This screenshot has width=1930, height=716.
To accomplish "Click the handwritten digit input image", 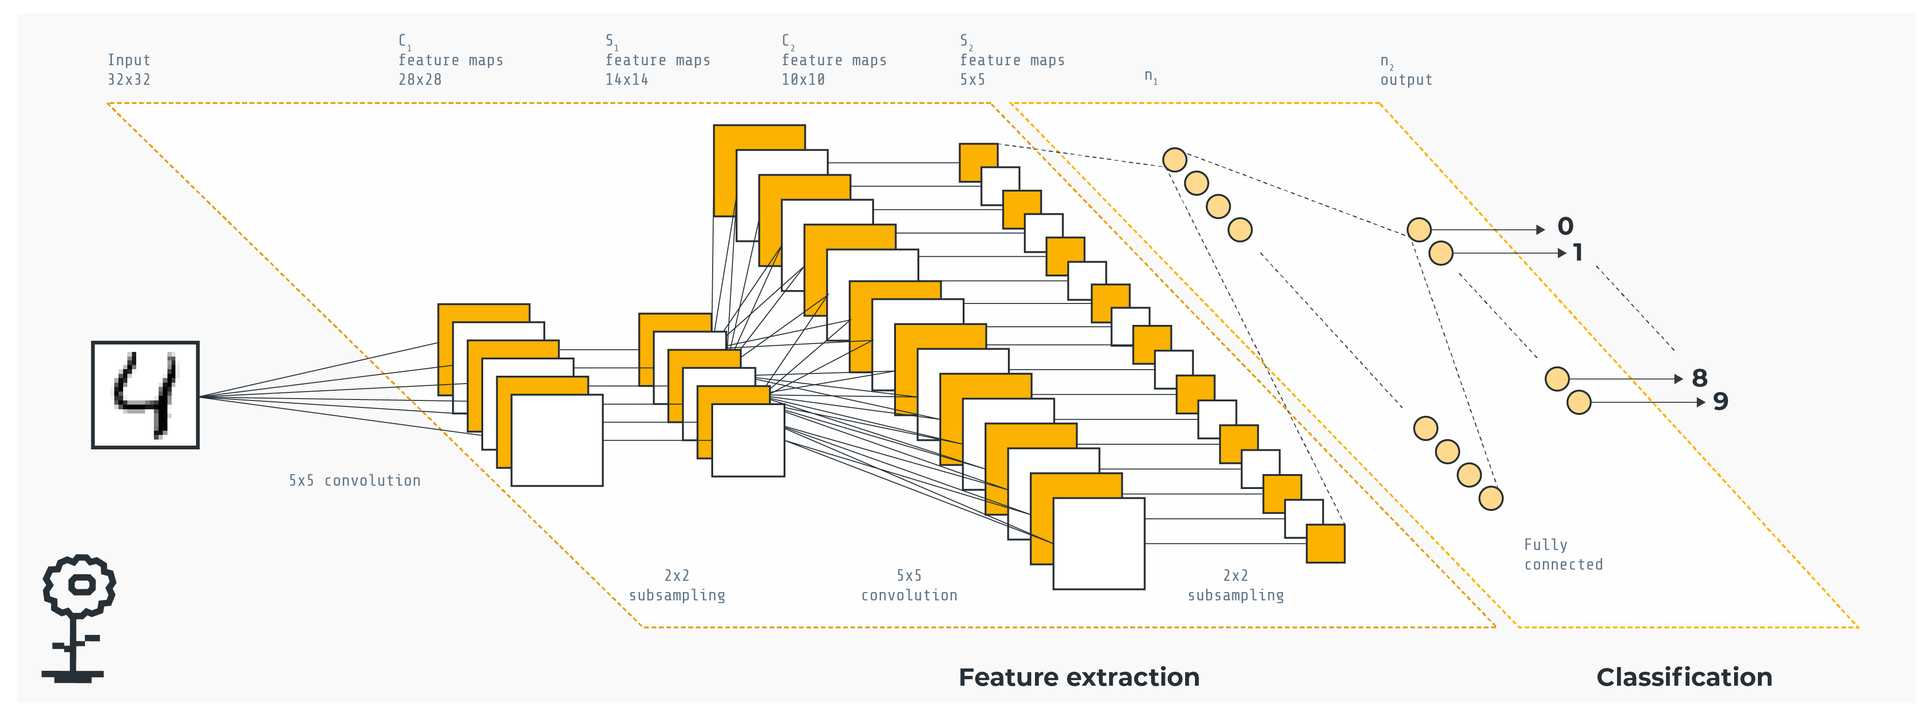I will coord(146,395).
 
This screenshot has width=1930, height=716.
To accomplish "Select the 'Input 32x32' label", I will coord(129,69).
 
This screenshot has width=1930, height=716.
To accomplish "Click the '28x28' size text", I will coord(420,79).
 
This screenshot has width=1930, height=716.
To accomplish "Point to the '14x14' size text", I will coord(626,79).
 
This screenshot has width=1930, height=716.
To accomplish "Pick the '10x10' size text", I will coord(803,79).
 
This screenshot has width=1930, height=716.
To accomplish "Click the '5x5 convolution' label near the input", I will coord(354,481).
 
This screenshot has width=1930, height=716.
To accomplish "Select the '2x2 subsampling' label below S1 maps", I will coord(677,585).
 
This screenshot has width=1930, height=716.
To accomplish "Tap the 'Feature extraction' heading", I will coord(1079,677).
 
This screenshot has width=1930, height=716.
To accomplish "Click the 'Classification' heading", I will coord(1684,677).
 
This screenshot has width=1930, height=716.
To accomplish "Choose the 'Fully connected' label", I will coord(1563,554).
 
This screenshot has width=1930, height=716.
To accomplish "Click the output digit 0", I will coord(1565,226).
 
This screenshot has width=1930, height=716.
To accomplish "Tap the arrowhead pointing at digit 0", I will coord(1541,230).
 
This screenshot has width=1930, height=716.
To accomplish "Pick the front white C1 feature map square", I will coord(557,441).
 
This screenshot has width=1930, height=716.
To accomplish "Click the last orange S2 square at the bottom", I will coord(1326,543).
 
